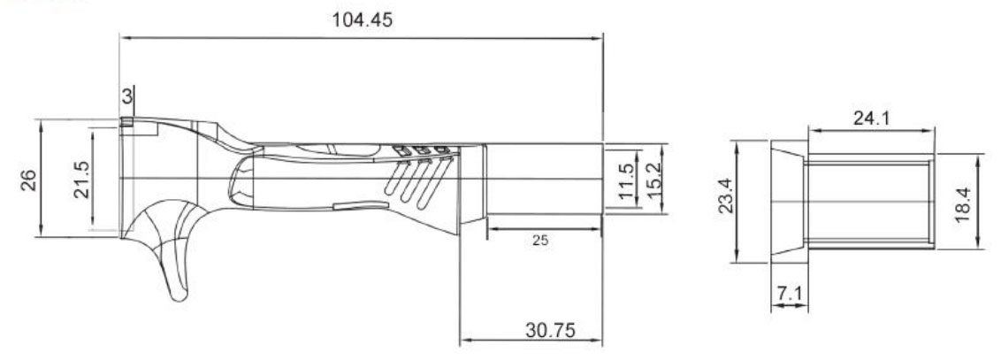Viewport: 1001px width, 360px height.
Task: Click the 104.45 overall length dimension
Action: (363, 19)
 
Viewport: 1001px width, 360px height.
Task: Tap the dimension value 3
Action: (127, 96)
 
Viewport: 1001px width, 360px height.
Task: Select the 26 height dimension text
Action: (28, 180)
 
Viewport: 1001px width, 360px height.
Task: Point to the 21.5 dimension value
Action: (81, 180)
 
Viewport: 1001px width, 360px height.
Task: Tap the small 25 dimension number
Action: (540, 241)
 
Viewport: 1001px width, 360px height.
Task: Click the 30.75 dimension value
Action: (550, 330)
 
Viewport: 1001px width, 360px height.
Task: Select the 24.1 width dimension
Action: (871, 119)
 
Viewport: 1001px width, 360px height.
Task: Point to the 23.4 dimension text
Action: (727, 195)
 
